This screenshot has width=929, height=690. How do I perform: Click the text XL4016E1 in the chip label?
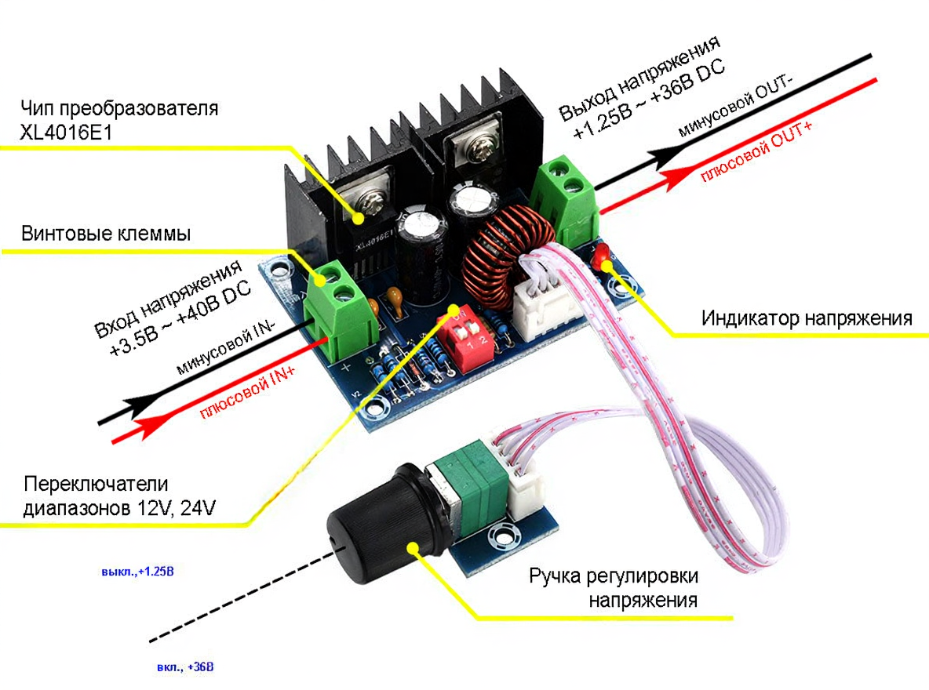(67, 133)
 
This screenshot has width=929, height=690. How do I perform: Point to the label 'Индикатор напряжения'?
(806, 318)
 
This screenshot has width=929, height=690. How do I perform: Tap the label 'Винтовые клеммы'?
(107, 234)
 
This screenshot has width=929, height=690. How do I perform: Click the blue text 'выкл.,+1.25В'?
(137, 572)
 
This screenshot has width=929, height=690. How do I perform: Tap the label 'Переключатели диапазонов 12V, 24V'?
(118, 496)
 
